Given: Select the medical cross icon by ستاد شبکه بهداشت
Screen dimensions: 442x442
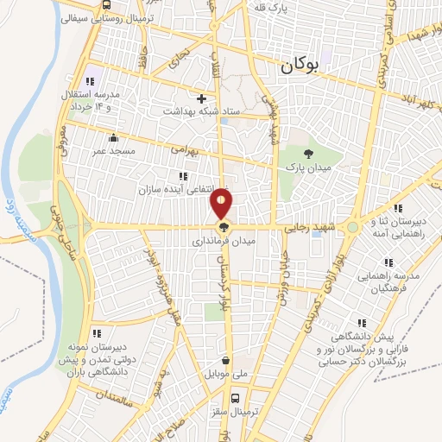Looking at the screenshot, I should [201, 98].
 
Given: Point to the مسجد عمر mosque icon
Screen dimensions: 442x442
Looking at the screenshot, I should [112, 137].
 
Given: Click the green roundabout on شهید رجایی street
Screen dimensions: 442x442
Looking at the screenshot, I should [352, 228].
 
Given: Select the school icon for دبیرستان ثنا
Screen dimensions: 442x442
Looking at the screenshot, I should [398, 208].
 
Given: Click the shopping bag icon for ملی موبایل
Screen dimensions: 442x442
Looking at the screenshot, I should [226, 362].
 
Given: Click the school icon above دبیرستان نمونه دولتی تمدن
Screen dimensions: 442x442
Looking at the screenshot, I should [97, 333].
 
